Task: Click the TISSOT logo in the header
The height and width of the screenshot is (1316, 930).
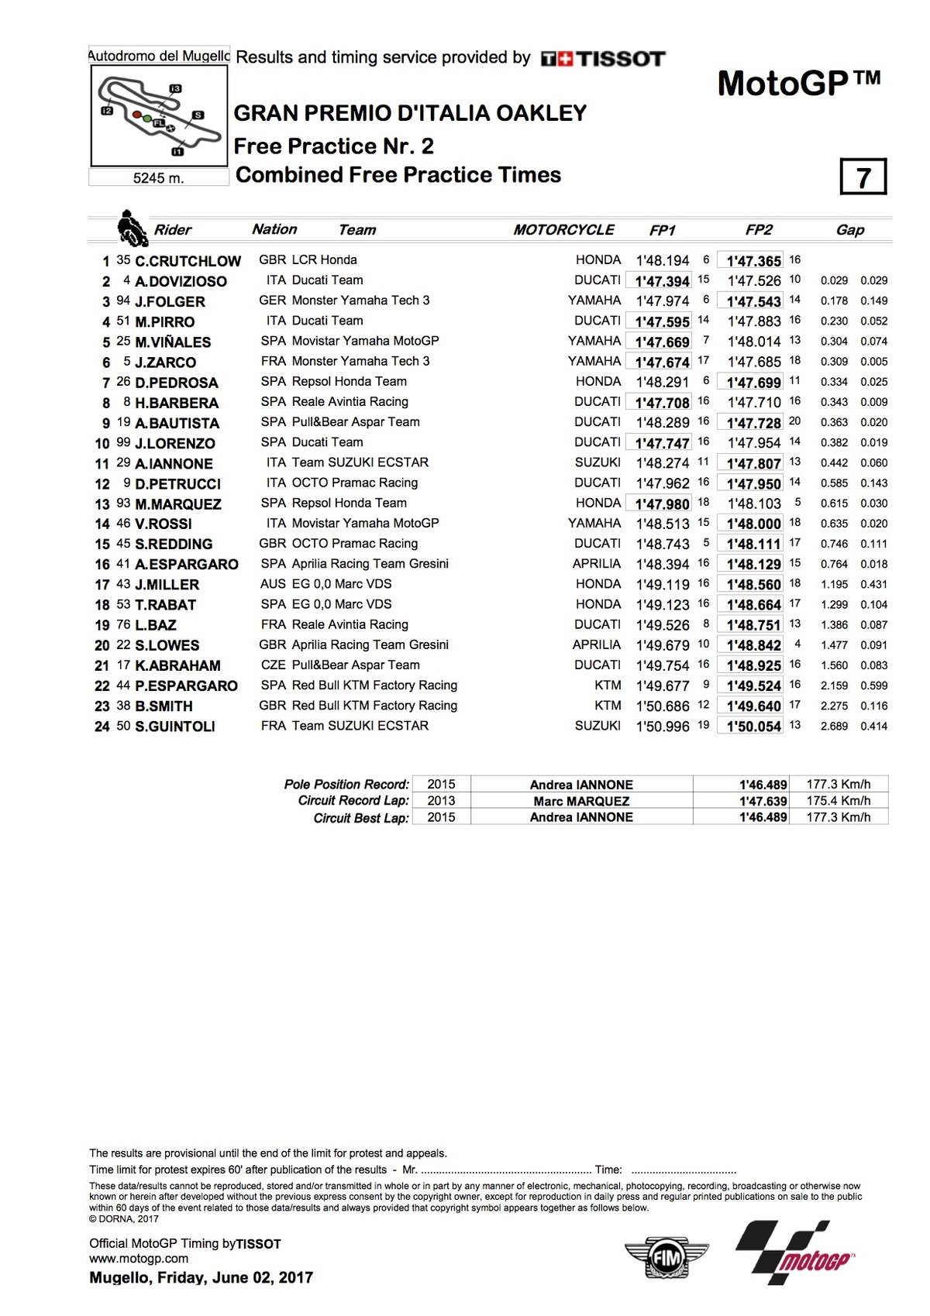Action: tap(603, 59)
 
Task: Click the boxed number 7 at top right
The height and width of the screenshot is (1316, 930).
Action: tap(863, 177)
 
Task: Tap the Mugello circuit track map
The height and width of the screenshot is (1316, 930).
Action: tap(159, 115)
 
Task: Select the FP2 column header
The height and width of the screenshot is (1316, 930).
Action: tap(759, 230)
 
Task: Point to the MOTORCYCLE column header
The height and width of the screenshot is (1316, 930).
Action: tap(563, 230)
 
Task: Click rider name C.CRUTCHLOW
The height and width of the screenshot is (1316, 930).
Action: tap(188, 261)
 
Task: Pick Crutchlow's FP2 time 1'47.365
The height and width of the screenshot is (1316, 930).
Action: tap(753, 261)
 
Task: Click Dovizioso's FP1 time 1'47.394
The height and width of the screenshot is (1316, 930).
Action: tap(662, 281)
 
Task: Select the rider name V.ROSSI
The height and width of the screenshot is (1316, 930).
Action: tap(164, 524)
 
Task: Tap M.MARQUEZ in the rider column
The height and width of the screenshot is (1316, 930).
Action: tap(178, 503)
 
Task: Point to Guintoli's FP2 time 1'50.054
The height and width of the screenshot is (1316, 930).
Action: tap(753, 727)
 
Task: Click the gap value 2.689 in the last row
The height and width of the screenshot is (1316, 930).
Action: tap(834, 727)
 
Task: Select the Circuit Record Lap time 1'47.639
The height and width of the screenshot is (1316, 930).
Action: tap(763, 801)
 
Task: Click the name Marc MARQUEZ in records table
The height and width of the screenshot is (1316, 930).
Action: tap(581, 801)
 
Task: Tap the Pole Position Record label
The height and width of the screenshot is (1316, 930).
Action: tap(346, 785)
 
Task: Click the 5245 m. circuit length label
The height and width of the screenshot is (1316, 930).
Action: tap(158, 178)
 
